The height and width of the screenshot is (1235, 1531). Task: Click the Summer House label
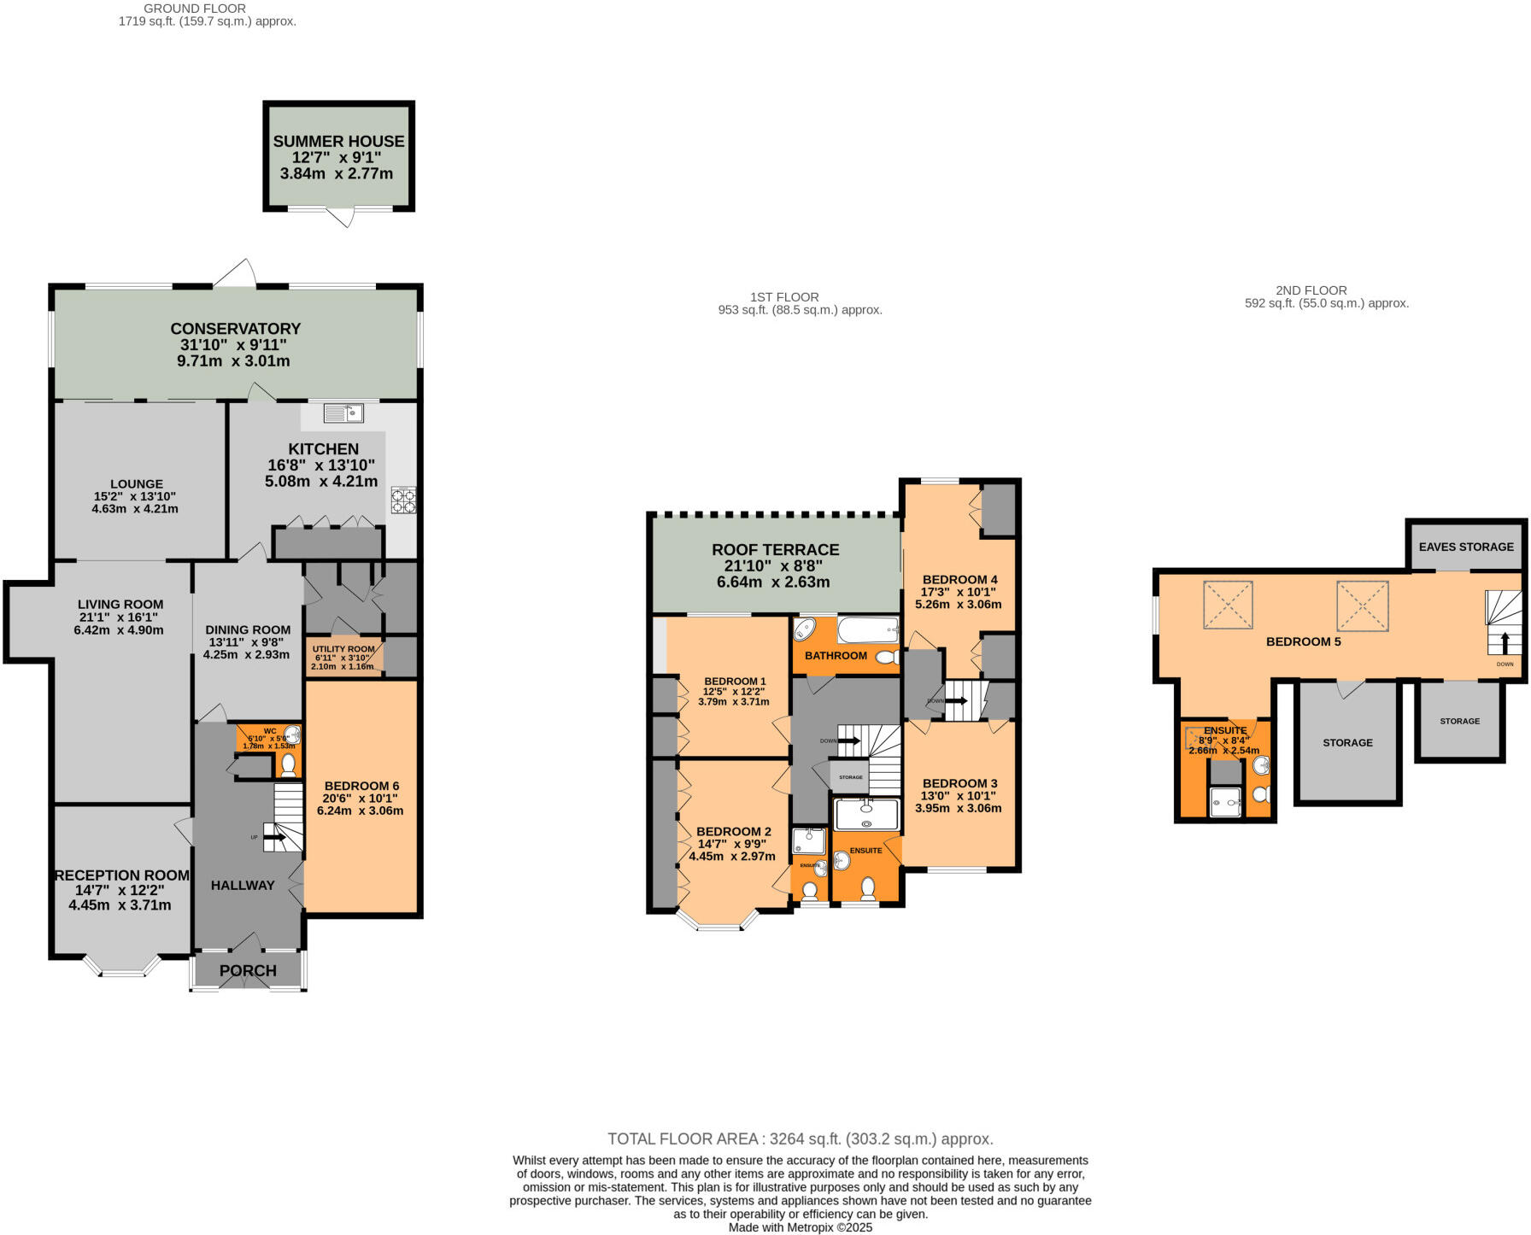click(338, 142)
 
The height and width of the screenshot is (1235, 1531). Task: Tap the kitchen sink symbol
click(343, 413)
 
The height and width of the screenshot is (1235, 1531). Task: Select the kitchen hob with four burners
click(403, 500)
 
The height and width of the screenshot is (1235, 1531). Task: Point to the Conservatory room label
click(235, 329)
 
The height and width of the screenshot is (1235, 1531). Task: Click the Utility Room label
click(343, 649)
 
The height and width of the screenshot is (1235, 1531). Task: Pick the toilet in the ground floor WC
click(289, 764)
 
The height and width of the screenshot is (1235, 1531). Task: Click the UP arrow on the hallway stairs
click(275, 838)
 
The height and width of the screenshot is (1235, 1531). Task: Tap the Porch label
click(248, 970)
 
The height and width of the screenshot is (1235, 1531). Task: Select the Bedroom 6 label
click(361, 786)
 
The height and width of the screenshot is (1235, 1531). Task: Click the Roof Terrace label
click(775, 550)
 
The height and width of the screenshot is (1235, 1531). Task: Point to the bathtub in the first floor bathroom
click(868, 630)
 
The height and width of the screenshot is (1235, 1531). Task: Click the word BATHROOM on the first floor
click(836, 656)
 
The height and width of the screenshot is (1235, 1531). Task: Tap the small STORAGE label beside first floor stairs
click(850, 777)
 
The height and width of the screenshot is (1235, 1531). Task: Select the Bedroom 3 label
click(959, 783)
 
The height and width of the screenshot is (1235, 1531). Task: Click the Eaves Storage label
click(1465, 547)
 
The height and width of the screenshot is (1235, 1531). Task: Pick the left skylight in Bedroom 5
click(1228, 605)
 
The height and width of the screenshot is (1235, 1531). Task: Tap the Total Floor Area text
click(800, 1138)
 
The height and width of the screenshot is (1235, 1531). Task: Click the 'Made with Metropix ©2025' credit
click(800, 1227)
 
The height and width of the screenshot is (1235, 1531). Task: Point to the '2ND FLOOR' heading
click(1311, 290)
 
